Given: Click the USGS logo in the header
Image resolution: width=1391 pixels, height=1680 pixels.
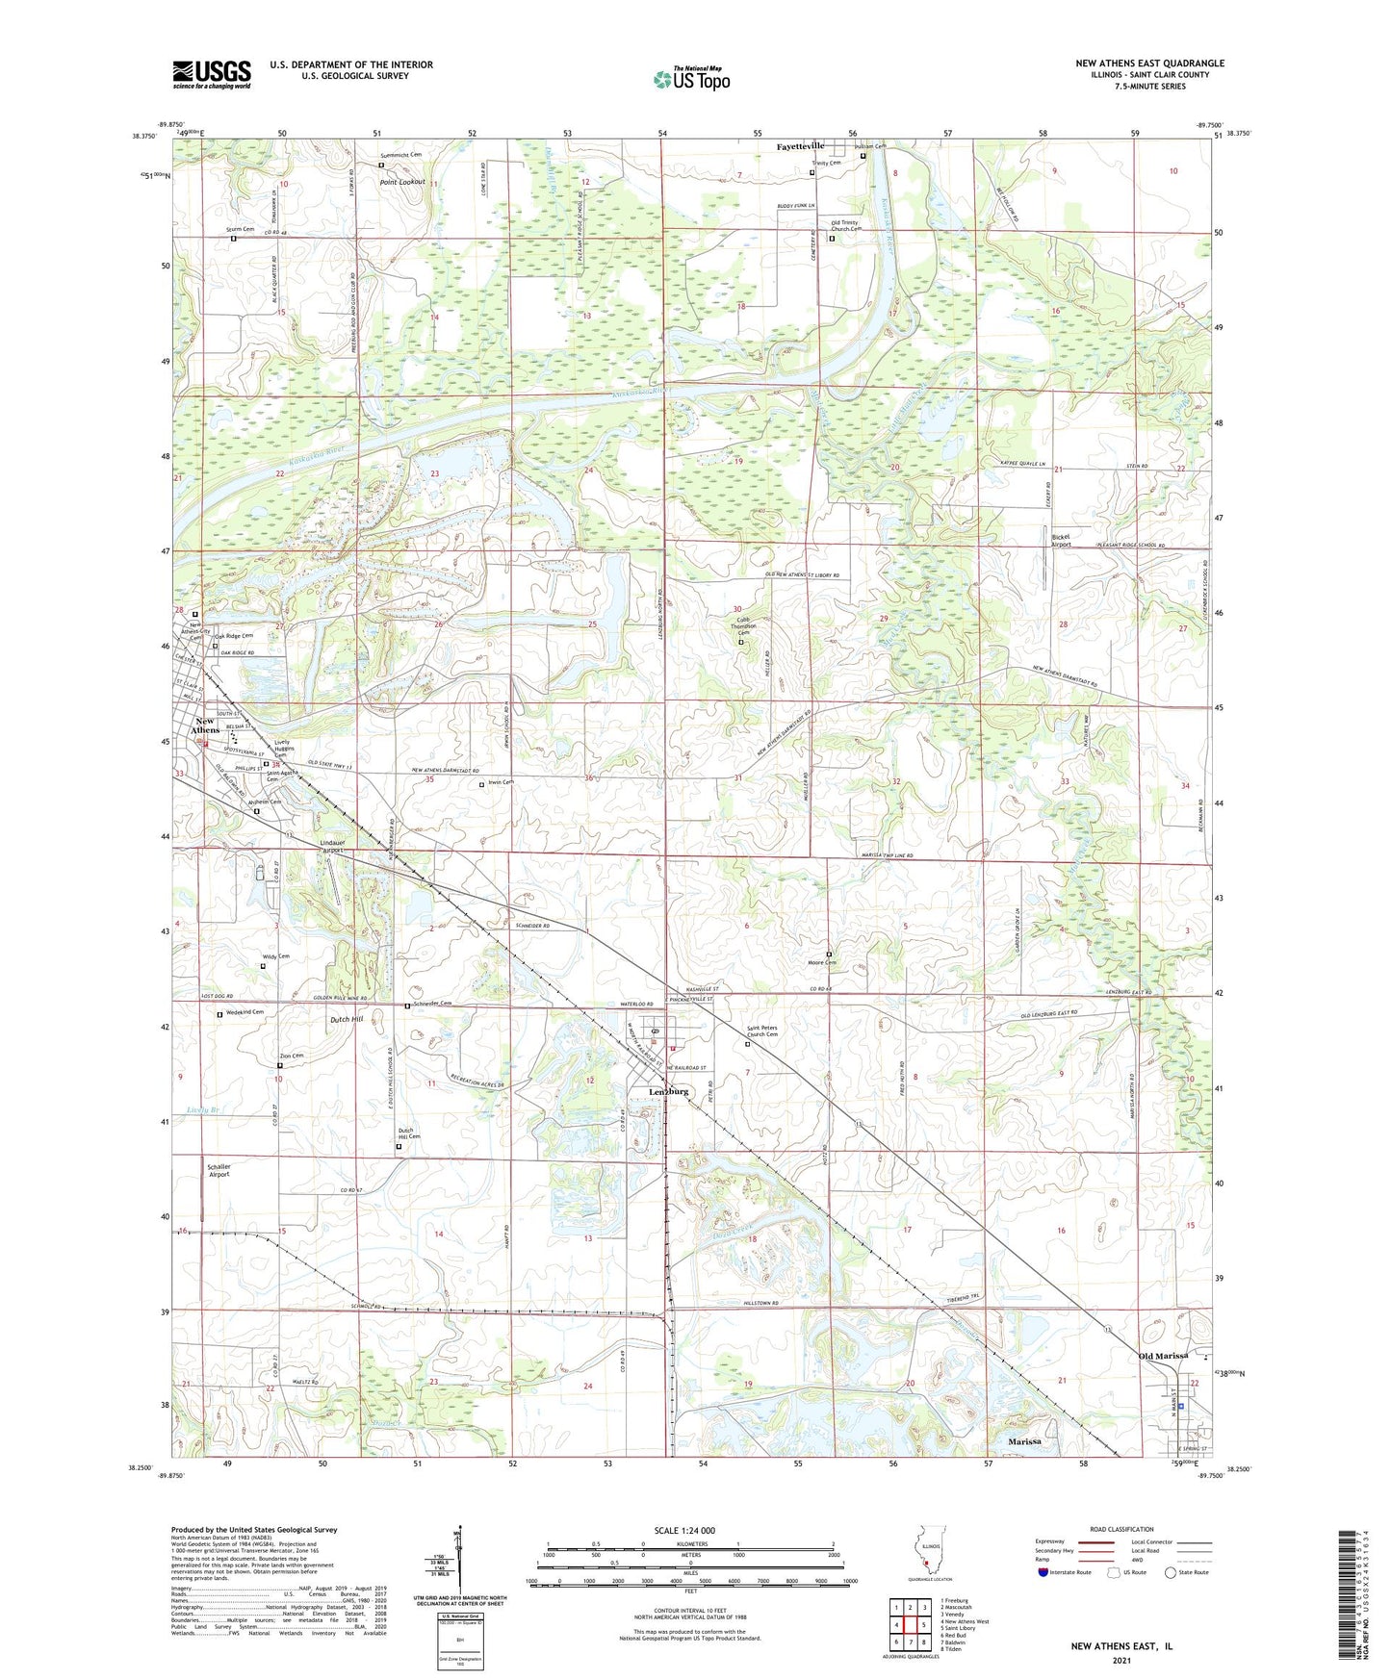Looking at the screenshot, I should (x=212, y=74).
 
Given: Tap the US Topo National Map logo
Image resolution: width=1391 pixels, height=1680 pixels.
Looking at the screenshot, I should (x=691, y=79).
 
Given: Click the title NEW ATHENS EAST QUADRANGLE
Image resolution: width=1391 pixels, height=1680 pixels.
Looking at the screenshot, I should (x=1149, y=64).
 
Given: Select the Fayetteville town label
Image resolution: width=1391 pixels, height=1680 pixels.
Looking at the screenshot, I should (x=800, y=146).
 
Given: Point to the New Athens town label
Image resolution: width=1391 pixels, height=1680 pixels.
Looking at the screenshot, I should (x=205, y=725).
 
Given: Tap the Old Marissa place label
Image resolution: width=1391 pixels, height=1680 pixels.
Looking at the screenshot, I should (x=1163, y=1356).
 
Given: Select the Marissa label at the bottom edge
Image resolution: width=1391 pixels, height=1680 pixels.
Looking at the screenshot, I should (x=1024, y=1442).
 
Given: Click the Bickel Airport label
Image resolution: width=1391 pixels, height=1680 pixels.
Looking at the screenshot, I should (x=1061, y=540).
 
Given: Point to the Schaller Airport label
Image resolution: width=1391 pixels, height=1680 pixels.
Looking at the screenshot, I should (x=219, y=1170).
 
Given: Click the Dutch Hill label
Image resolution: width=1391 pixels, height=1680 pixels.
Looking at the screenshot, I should (x=345, y=1019).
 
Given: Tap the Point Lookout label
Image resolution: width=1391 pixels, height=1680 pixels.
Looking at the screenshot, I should (x=401, y=182).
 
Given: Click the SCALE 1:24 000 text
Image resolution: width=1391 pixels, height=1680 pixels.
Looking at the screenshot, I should (x=684, y=1531).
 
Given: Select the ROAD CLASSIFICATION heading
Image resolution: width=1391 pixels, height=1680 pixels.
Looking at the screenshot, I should (x=1121, y=1529).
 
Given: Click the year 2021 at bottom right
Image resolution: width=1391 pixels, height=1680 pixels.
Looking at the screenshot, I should (x=1121, y=1660).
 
